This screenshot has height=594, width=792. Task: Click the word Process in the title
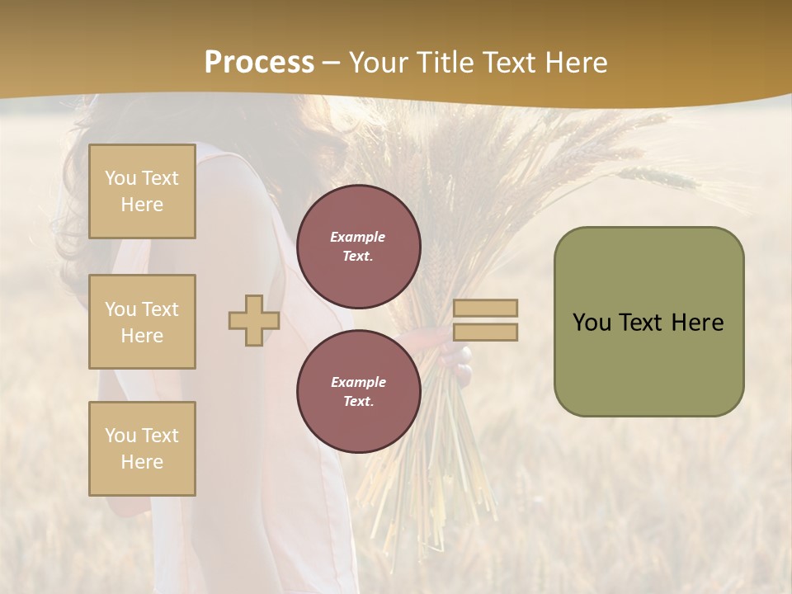(259, 62)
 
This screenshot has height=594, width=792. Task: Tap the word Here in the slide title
(575, 62)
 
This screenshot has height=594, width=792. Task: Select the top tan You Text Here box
(142, 191)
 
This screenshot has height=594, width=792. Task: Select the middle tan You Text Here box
(142, 322)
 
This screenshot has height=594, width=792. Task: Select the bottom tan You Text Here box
(142, 449)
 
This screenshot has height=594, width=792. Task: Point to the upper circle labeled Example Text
(358, 247)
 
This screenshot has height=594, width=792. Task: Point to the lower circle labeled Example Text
(358, 392)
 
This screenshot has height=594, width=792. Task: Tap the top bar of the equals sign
(485, 308)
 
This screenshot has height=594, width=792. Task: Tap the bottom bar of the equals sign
(485, 332)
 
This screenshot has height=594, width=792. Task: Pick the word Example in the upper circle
(358, 237)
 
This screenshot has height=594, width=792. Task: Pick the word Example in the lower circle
(358, 382)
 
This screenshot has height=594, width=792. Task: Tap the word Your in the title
(375, 62)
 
